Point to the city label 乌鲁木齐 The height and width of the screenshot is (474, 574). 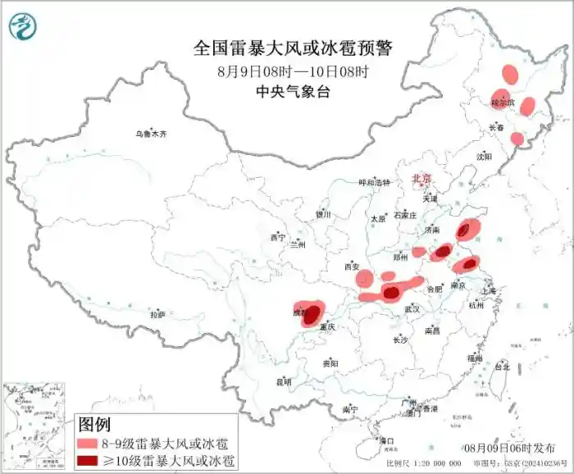(x=151, y=134)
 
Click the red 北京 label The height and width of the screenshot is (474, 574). (x=421, y=177)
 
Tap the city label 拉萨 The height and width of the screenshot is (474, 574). (x=157, y=314)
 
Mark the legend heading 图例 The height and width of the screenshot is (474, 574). (x=93, y=424)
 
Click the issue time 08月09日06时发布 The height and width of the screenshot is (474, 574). (x=508, y=448)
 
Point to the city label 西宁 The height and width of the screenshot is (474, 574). (x=276, y=238)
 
